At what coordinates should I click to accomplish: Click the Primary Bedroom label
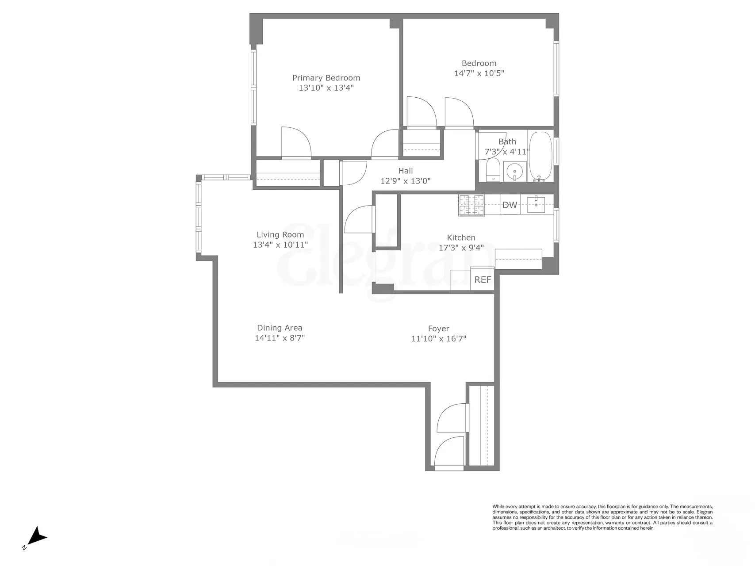[x=326, y=78]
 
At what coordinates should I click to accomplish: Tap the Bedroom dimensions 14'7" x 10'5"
[x=479, y=73]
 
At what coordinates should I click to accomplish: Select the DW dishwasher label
[x=510, y=205]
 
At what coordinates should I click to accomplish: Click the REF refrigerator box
[x=482, y=280]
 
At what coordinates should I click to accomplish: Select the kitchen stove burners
[x=471, y=206]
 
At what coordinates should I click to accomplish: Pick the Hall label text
[x=406, y=171]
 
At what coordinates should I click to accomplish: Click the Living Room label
[x=280, y=235]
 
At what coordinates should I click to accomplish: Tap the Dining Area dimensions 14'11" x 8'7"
[x=280, y=338]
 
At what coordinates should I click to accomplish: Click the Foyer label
[x=438, y=329]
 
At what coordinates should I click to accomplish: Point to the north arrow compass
[x=37, y=536]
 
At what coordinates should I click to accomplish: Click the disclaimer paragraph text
[x=602, y=517]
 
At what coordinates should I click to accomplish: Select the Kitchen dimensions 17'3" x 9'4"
[x=461, y=248]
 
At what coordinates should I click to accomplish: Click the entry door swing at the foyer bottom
[x=449, y=453]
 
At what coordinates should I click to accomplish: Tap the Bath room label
[x=507, y=141]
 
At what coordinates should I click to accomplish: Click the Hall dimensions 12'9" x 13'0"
[x=405, y=181]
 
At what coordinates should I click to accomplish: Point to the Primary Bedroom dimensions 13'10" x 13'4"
[x=326, y=88]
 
